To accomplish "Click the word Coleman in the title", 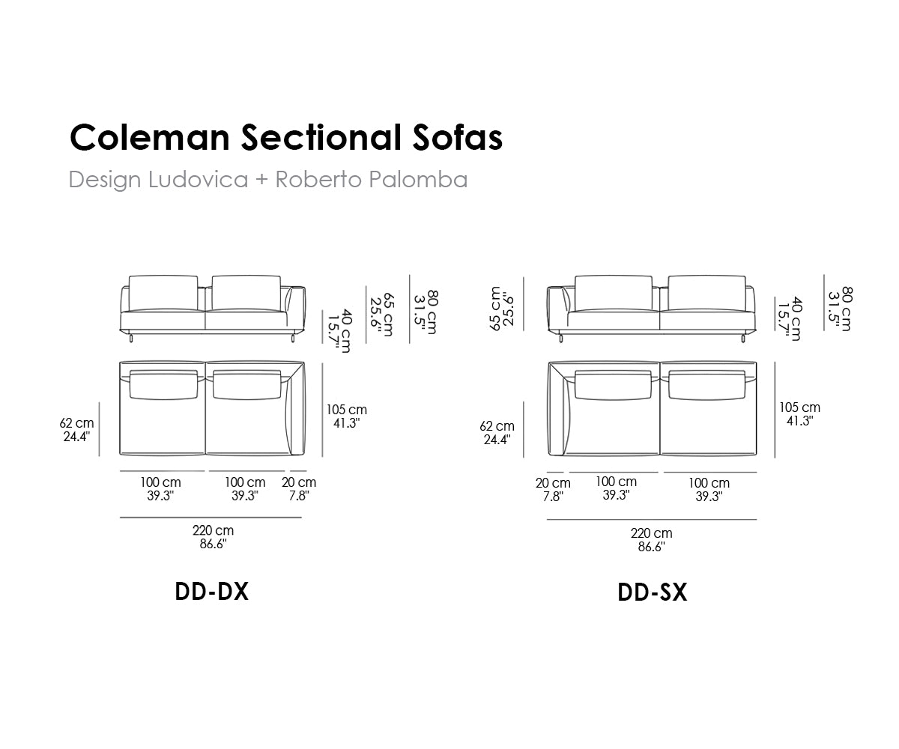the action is pos(150,138).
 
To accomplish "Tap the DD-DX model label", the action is pos(212,592).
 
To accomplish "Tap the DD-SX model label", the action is pos(653,592).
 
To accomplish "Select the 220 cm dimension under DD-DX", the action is pos(213,530).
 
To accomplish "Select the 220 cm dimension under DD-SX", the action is pos(652,533).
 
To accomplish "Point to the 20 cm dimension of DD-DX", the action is pos(299,482).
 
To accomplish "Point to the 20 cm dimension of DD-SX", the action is pos(553,483).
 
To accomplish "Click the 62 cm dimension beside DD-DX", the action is pos(76,423).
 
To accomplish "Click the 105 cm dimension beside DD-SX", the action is pos(799,407).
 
